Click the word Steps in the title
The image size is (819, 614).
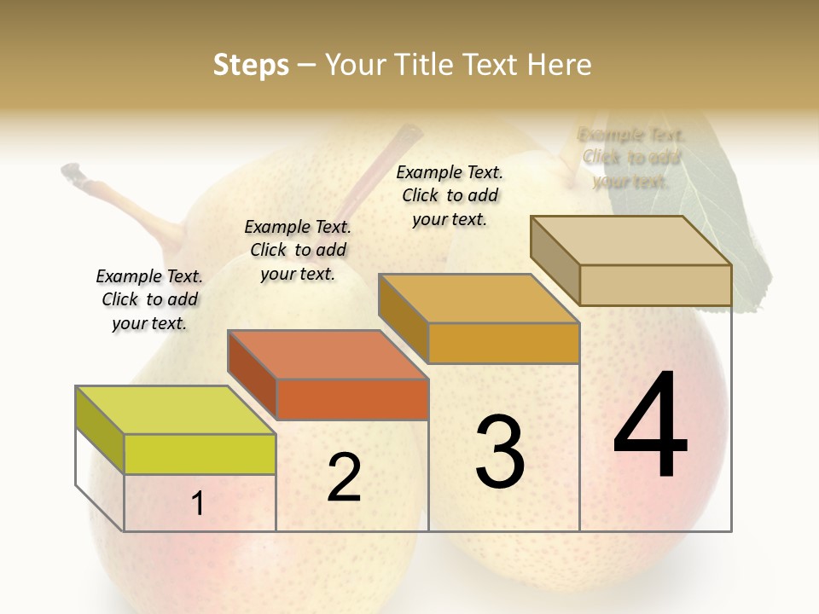coord(251,65)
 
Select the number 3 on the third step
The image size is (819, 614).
coord(500,451)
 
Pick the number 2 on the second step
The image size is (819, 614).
coord(345,478)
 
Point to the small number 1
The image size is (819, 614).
coord(198,504)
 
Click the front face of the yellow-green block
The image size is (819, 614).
coord(200,454)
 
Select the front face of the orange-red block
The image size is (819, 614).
coord(351,399)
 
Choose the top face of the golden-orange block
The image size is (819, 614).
coord(479,298)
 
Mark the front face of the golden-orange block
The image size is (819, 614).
coord(503,343)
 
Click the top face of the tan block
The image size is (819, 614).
coord(630,240)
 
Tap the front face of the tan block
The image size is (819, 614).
coord(654,285)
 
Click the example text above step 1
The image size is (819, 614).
coord(149,299)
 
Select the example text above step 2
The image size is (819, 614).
coord(298,250)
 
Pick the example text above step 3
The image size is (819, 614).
coord(450,195)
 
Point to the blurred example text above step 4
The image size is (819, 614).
coord(631,158)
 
